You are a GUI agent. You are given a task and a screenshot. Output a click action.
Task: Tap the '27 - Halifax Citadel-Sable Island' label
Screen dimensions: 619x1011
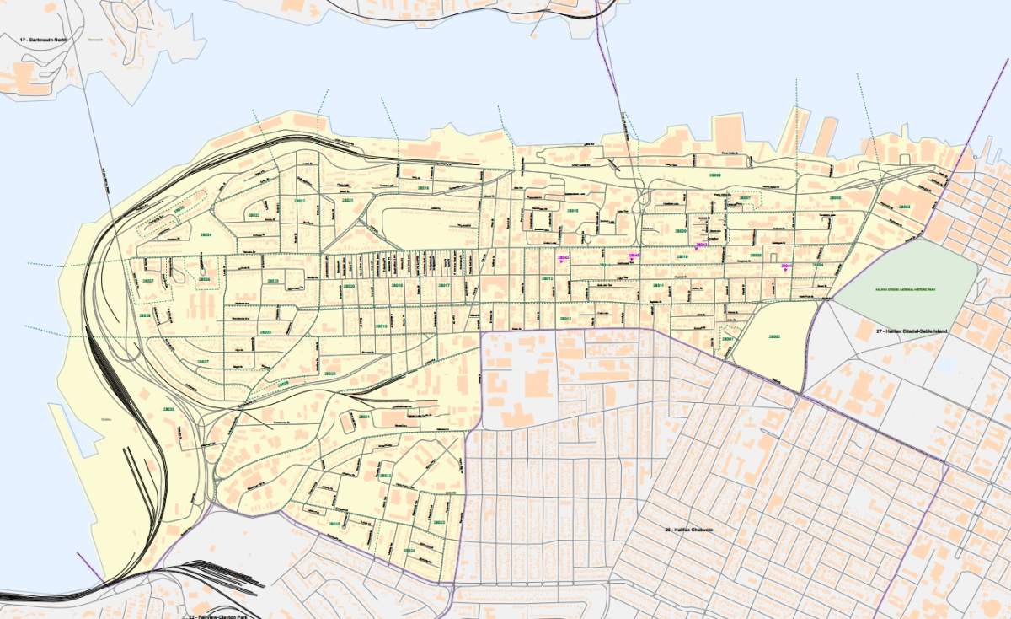(x=912, y=331)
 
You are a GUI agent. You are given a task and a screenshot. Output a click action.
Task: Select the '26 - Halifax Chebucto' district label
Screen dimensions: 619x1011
(x=689, y=530)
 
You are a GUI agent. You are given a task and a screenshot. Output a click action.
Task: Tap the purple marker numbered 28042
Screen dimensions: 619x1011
(x=564, y=258)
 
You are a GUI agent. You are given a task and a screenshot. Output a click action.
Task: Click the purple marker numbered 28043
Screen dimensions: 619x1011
(x=701, y=246)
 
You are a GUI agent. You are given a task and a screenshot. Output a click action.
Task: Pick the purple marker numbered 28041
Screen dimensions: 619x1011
(x=787, y=267)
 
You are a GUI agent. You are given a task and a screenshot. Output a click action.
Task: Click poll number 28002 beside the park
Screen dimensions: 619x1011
(x=773, y=336)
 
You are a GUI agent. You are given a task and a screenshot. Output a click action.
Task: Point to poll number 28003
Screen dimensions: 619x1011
(x=904, y=207)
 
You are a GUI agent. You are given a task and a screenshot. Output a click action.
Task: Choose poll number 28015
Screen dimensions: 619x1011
(x=573, y=210)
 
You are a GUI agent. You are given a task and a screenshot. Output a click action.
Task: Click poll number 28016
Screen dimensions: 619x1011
(x=424, y=187)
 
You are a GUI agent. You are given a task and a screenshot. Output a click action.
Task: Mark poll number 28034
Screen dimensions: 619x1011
(x=206, y=234)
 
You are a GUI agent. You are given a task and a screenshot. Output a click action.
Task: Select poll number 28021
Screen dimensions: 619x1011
(x=363, y=417)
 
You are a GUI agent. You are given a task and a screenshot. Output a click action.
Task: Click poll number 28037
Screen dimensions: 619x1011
(x=147, y=279)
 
